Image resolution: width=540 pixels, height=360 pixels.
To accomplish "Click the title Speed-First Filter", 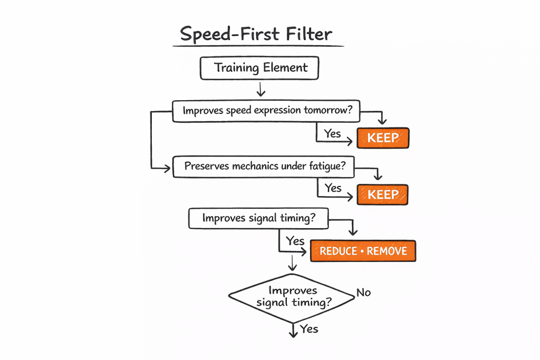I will click(256, 34).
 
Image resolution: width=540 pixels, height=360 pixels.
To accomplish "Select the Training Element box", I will click(259, 68).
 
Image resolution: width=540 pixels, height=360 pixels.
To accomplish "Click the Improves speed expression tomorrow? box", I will click(267, 111).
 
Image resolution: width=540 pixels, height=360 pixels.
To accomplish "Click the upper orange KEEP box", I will click(383, 138).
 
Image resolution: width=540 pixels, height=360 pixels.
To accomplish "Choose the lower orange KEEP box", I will click(383, 194).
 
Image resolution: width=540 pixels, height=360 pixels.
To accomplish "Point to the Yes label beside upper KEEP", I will click(333, 133).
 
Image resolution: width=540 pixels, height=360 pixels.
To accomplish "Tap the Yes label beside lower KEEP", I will click(333, 188).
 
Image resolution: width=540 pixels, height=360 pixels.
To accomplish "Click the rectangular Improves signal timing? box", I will click(258, 218).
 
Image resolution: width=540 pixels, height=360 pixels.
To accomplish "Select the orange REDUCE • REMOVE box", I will click(363, 251).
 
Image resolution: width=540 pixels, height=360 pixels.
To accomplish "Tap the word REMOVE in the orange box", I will click(387, 251).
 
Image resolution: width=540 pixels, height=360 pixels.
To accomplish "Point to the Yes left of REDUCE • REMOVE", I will click(295, 241).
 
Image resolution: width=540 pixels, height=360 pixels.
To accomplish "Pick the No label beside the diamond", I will click(363, 292).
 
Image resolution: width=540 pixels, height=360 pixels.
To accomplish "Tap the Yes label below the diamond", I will click(309, 329).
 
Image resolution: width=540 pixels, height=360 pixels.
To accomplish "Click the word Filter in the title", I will click(306, 34).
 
